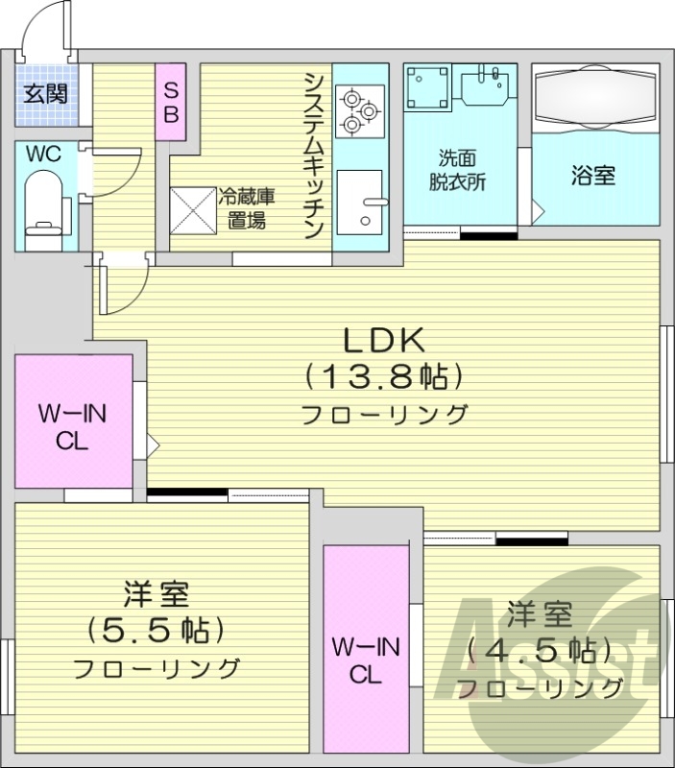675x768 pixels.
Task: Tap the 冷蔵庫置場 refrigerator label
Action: pos(247,207)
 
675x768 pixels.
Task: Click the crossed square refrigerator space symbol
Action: pos(194,208)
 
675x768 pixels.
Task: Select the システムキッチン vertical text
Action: pos(313,154)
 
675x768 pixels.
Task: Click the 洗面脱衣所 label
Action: pos(458,170)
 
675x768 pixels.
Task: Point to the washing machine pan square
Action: pos(426,87)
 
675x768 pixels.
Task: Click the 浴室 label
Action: pos(592,176)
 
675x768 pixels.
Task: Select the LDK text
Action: pos(384,339)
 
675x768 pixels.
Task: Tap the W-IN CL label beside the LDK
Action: pos(72,426)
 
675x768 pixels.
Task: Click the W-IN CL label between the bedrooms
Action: pos(367,660)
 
